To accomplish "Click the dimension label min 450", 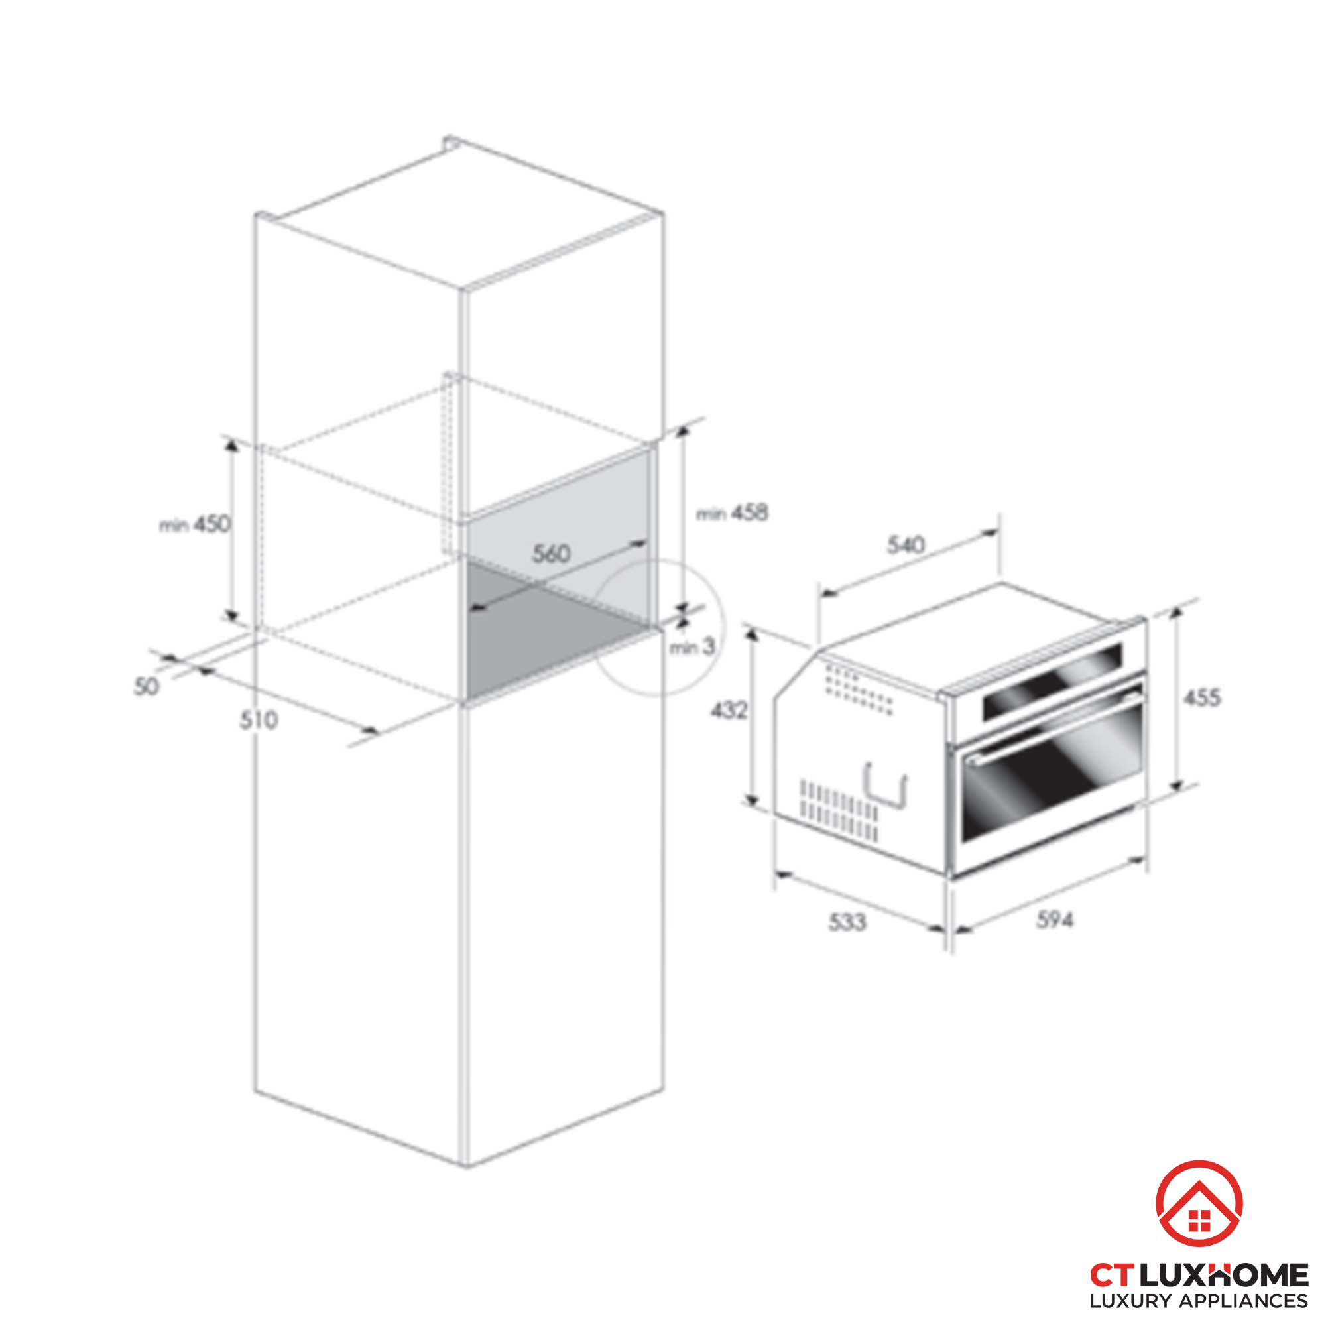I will (x=196, y=525).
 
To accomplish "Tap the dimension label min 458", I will (x=733, y=512).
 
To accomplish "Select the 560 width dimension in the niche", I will (x=551, y=553).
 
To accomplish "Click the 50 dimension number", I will (x=145, y=686).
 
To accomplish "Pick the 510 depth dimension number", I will (x=259, y=720).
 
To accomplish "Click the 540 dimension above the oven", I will (x=905, y=545).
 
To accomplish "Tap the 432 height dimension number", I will (x=728, y=710).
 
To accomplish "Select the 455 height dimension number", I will (x=1202, y=698).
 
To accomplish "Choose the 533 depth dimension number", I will (x=847, y=922).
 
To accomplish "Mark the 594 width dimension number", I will (x=1055, y=919).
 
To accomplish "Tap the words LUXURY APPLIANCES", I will (x=1199, y=1301).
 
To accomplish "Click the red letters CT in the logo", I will (x=1113, y=1275).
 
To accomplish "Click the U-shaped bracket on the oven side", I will (x=886, y=786).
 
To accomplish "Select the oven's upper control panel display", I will (x=1052, y=682).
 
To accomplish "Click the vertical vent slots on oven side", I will (x=839, y=811).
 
